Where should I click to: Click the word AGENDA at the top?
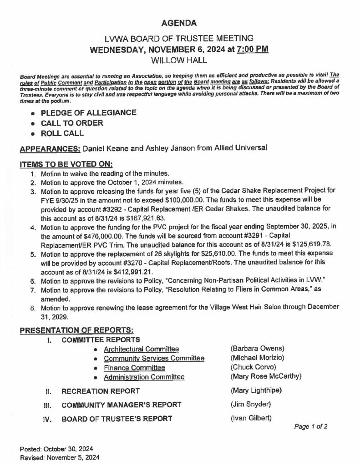coord(180,22)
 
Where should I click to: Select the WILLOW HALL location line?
coord(180,59)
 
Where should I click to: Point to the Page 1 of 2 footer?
coord(311,426)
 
